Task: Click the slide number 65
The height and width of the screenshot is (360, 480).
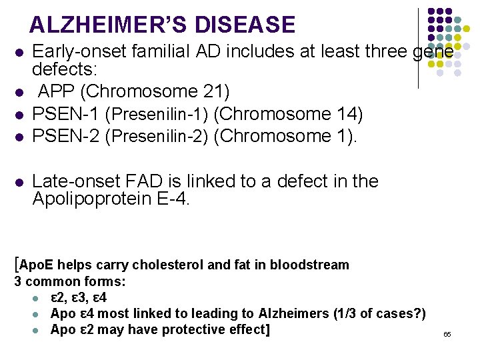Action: point(447,333)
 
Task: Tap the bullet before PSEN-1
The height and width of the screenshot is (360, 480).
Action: point(20,115)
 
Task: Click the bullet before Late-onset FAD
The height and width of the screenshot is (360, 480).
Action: point(20,182)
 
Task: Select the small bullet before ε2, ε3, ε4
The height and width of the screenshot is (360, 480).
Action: point(41,298)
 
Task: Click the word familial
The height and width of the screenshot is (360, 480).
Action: point(159,51)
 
